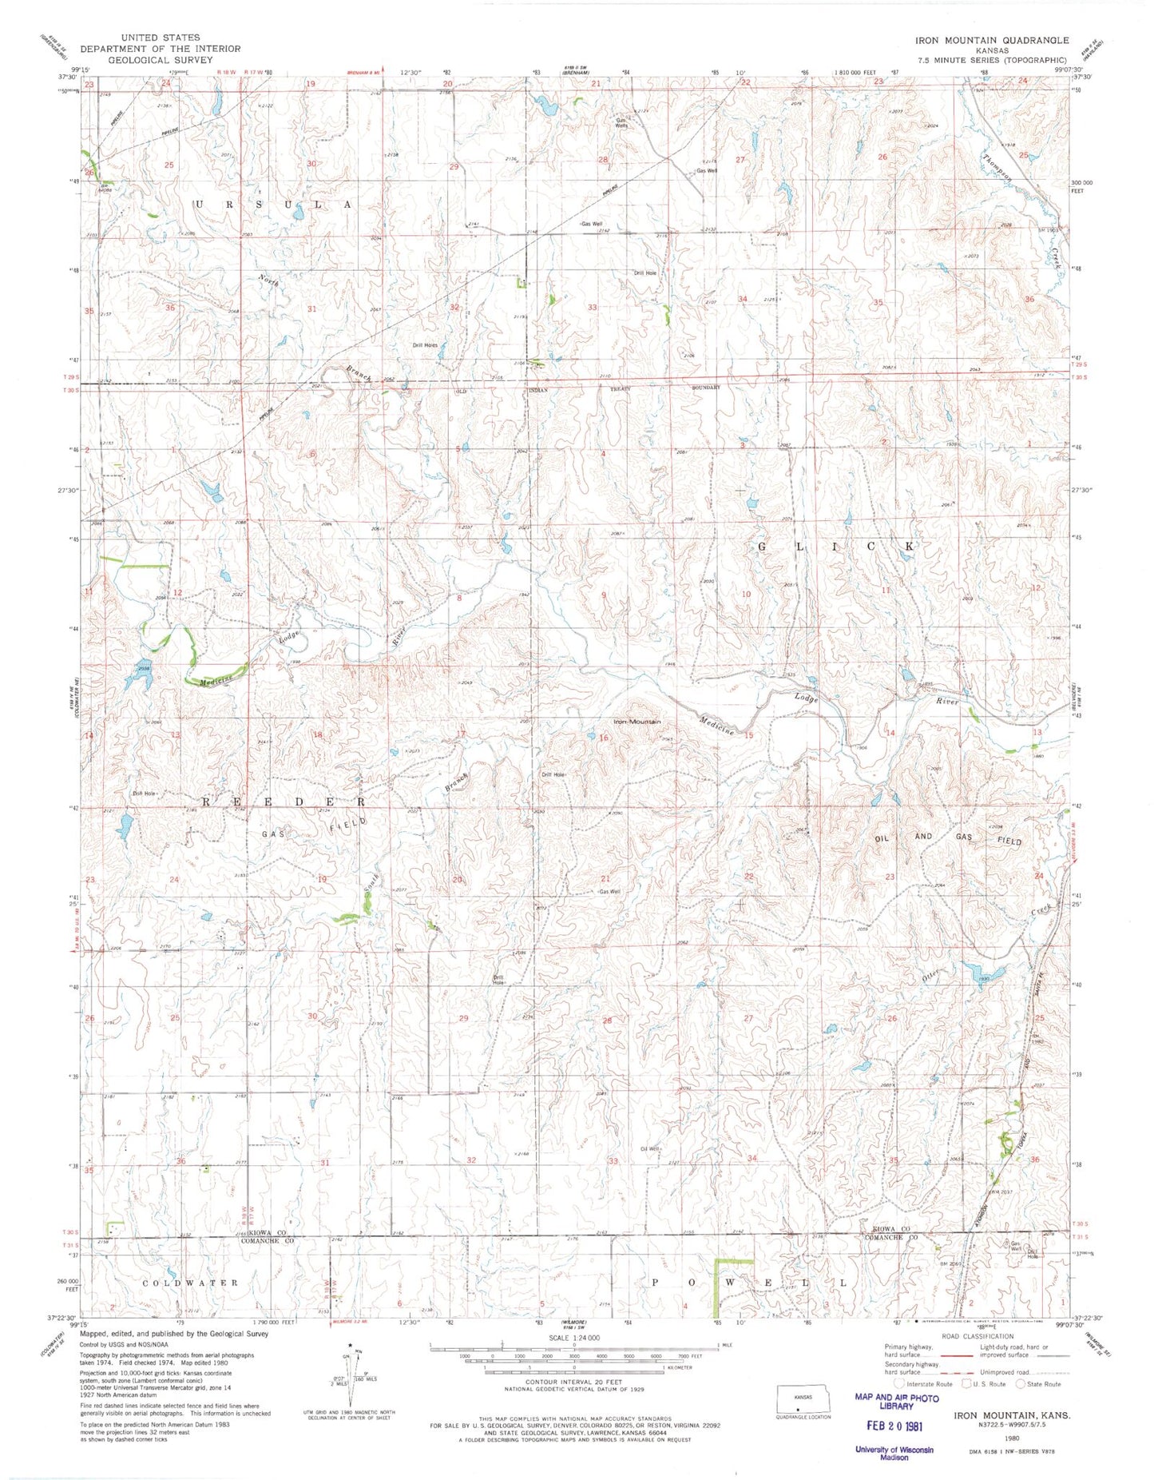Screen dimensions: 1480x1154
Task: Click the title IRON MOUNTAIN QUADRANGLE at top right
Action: (992, 39)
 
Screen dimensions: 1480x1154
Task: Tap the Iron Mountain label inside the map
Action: (636, 722)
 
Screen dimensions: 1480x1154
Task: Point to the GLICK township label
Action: (835, 546)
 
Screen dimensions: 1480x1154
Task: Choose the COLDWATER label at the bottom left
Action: (190, 1283)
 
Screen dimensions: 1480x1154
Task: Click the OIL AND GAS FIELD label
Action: (948, 838)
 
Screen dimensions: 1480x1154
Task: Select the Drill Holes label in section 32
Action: (425, 345)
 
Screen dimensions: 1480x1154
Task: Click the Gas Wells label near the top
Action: (621, 123)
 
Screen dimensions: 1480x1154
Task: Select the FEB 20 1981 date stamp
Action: (894, 1425)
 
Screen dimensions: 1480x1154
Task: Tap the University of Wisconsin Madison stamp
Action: (894, 1453)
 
